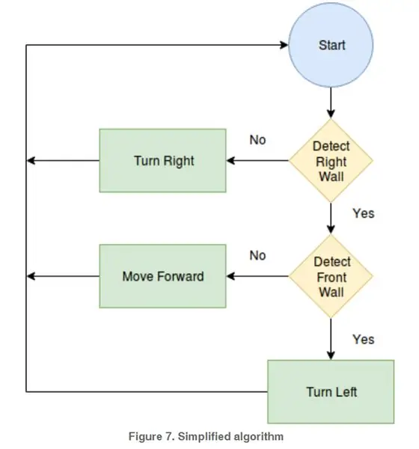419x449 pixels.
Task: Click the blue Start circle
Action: pyautogui.click(x=331, y=45)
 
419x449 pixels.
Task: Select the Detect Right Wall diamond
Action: pyautogui.click(x=331, y=161)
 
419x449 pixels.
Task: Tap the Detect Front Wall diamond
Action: pyautogui.click(x=331, y=276)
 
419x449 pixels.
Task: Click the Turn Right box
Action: pyautogui.click(x=162, y=161)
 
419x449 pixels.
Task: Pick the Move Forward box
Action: pyautogui.click(x=162, y=276)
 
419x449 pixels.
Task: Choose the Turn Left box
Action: pyautogui.click(x=331, y=391)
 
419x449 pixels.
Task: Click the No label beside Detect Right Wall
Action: pyautogui.click(x=257, y=140)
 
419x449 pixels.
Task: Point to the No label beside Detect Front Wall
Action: pyautogui.click(x=257, y=255)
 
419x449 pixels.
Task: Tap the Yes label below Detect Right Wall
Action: pyautogui.click(x=364, y=213)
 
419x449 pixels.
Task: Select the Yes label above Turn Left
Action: pyautogui.click(x=364, y=339)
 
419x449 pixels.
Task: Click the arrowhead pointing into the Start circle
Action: pyautogui.click(x=284, y=45)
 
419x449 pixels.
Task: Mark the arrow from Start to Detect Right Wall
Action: pyautogui.click(x=331, y=103)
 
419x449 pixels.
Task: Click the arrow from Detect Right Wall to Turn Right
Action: pyautogui.click(x=257, y=161)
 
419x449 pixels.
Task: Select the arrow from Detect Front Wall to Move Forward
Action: pyautogui.click(x=257, y=276)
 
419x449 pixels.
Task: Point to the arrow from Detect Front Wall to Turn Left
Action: pyautogui.click(x=331, y=339)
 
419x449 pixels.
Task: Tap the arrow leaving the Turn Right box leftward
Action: pyautogui.click(x=63, y=161)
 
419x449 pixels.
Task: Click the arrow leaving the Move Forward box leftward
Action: pyautogui.click(x=63, y=276)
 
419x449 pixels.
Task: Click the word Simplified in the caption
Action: pyautogui.click(x=204, y=437)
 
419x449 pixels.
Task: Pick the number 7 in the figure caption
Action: pyautogui.click(x=168, y=436)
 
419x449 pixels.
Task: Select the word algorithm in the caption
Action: pyautogui.click(x=259, y=437)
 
